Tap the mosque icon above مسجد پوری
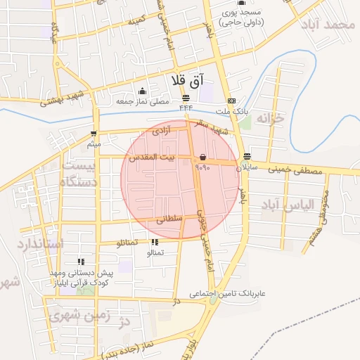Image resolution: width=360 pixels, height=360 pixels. pos(241,3)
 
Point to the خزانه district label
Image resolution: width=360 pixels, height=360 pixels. pos(273,117)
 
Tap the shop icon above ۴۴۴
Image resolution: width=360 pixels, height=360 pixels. pos(186,98)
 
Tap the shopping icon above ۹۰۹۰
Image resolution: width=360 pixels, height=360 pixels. pos(202,157)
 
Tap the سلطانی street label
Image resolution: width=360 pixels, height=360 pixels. pos(169,219)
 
